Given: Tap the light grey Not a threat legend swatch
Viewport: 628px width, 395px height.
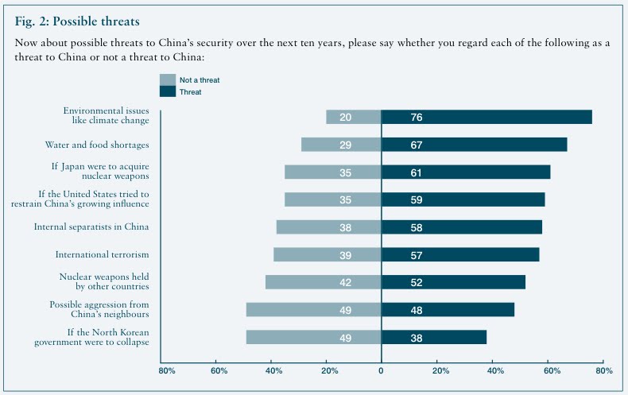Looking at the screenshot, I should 167,79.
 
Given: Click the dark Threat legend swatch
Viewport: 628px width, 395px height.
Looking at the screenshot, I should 167,92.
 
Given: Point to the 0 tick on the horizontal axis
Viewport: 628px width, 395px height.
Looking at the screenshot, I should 381,370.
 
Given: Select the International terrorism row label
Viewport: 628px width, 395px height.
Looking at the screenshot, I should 102,254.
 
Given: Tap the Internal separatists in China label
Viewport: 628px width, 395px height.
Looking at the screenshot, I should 91,227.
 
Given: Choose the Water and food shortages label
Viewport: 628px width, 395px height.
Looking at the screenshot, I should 97,145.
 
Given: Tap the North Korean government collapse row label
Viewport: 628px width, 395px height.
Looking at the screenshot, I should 92,337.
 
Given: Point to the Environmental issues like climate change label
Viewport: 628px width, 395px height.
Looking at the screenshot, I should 107,117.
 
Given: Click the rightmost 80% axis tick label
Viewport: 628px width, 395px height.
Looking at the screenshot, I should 603,370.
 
